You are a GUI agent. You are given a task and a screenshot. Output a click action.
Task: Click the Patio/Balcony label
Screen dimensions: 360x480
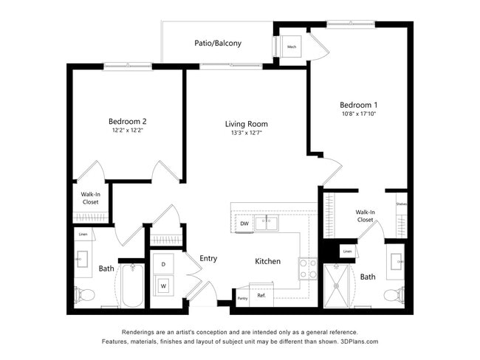click(218, 43)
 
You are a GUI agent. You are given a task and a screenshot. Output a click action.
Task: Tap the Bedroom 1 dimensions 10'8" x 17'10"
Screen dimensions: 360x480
click(359, 114)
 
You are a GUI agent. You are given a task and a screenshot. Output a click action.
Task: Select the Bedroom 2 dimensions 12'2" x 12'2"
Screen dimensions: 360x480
click(127, 131)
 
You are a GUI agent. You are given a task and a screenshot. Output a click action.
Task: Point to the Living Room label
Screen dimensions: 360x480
click(247, 124)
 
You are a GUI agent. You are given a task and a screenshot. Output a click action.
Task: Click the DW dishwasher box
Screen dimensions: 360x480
click(244, 223)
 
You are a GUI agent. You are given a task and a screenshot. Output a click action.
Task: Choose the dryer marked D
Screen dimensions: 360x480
click(162, 263)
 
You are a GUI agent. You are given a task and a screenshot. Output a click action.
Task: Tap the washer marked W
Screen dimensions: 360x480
click(162, 285)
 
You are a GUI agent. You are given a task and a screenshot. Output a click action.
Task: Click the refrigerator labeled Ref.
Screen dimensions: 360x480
click(261, 295)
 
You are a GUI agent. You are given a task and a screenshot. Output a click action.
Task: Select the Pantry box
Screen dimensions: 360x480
click(242, 298)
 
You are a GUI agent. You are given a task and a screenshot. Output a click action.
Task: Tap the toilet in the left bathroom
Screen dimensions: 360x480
click(85, 295)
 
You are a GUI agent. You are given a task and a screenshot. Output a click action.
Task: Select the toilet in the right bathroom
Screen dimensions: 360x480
click(393, 295)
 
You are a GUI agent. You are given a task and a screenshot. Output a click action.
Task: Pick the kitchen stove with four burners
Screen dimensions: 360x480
click(307, 268)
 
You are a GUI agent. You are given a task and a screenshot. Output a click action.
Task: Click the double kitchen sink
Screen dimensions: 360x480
click(266, 222)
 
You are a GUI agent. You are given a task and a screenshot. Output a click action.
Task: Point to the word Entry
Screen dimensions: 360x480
click(208, 258)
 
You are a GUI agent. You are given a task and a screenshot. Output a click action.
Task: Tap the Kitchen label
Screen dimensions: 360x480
click(267, 261)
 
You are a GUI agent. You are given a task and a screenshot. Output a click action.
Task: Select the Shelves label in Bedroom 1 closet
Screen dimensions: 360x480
click(401, 204)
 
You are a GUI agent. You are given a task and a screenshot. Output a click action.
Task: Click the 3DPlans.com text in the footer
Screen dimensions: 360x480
click(356, 342)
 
